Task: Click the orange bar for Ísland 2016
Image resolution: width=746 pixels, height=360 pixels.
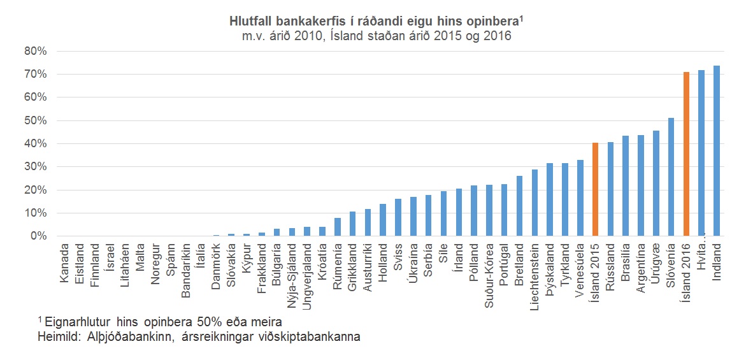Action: [x=686, y=154]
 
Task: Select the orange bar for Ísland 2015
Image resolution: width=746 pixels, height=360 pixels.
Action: [x=595, y=189]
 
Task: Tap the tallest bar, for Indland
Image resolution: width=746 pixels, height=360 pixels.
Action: [x=717, y=151]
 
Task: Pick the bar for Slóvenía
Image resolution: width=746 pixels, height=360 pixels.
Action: [x=671, y=177]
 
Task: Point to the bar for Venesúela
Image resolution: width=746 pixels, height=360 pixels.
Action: [x=580, y=198]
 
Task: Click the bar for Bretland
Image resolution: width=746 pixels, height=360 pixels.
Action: [x=519, y=206]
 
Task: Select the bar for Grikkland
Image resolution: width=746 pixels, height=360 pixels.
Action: [x=352, y=224]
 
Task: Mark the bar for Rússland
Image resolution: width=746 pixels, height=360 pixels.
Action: [x=610, y=189]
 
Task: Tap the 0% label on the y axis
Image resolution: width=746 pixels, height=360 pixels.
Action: [x=39, y=236]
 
